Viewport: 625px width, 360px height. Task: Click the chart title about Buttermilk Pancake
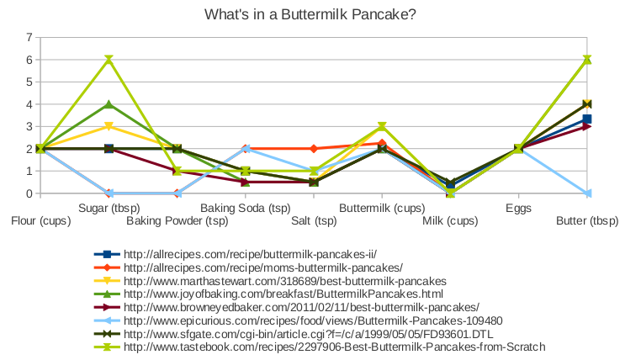310,15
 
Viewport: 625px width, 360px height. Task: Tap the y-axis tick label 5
29,82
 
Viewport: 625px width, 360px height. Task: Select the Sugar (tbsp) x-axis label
109,208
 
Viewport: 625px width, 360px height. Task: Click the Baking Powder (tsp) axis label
177,221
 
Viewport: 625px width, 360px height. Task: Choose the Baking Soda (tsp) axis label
246,208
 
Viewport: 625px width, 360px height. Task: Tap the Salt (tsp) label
314,221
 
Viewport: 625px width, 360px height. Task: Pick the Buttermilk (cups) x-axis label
382,208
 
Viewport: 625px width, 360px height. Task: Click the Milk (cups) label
450,221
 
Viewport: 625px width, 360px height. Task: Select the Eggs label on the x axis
518,209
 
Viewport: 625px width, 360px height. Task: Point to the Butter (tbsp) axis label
587,221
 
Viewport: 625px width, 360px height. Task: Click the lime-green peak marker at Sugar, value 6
109,60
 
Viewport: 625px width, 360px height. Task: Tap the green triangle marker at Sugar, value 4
109,104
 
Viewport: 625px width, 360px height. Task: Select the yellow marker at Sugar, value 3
109,127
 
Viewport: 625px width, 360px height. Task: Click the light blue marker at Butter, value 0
587,193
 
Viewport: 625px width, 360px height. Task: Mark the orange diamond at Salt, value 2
314,149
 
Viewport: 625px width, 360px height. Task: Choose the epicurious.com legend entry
298,320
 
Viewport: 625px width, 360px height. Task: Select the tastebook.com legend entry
320,347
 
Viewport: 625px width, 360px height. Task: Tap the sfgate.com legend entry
294,334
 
